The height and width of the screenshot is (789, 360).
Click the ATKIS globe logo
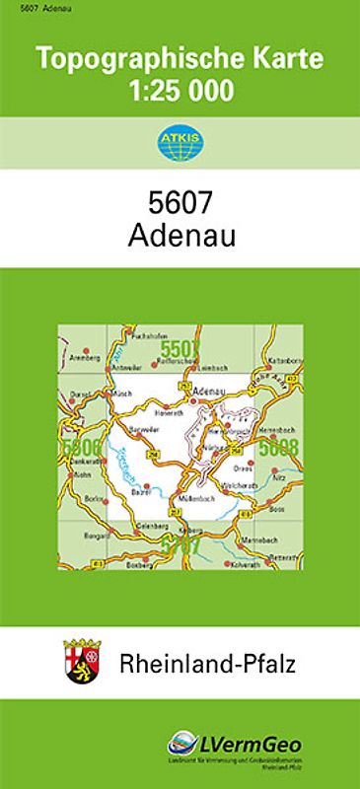(180, 143)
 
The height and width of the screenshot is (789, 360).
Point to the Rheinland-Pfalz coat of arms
(82, 659)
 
